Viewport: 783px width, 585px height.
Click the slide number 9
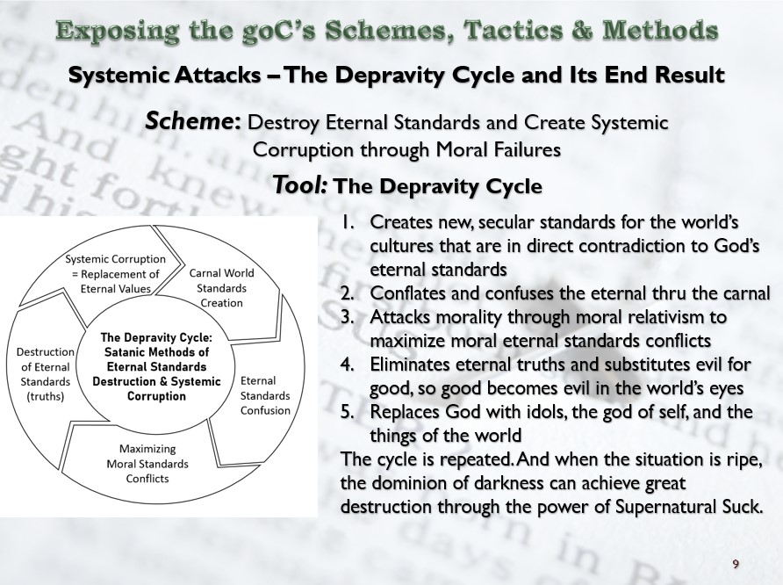pyautogui.click(x=736, y=563)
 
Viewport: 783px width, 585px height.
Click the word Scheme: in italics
pyautogui.click(x=194, y=121)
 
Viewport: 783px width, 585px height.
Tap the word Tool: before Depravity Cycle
pyautogui.click(x=301, y=185)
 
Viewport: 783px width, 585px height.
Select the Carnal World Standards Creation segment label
pyautogui.click(x=222, y=288)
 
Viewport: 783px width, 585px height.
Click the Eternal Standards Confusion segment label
pyautogui.click(x=265, y=395)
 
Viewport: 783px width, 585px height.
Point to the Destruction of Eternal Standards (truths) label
pyautogui.click(x=46, y=373)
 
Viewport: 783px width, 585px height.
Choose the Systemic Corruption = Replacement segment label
pyautogui.click(x=115, y=273)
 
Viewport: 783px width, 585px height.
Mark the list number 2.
pyautogui.click(x=347, y=292)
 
